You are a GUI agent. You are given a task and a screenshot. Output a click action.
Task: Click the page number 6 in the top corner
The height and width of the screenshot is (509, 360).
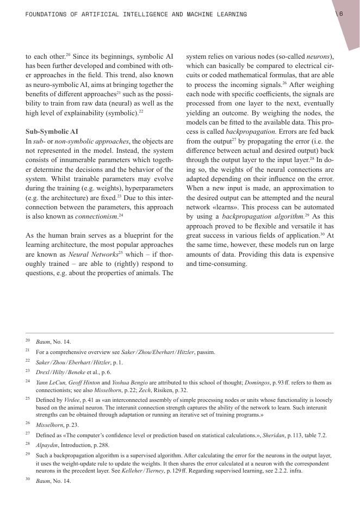340,14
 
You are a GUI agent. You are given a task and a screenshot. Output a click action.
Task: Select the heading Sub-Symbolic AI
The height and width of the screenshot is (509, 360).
52,132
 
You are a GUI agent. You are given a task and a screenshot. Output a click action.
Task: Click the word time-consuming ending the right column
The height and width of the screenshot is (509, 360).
216,264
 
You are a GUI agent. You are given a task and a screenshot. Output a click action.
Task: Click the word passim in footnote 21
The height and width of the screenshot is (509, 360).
207,352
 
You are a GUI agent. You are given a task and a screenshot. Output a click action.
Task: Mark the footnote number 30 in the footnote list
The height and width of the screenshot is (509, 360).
28,481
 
